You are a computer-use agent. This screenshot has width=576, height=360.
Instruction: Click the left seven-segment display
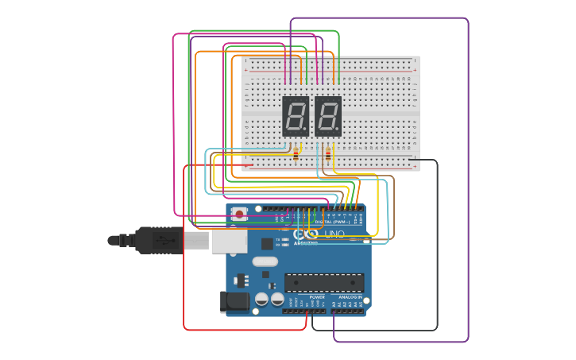[x=295, y=116]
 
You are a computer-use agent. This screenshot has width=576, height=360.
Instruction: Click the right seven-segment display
[x=327, y=116]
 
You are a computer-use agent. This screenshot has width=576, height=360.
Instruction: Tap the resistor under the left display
[x=296, y=154]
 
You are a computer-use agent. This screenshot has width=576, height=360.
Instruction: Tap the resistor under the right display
[x=327, y=154]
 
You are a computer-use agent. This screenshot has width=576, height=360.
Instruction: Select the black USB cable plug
[x=159, y=239]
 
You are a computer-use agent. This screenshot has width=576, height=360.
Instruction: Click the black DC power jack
[x=233, y=301]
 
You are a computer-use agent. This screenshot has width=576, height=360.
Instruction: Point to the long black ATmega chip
[x=324, y=282]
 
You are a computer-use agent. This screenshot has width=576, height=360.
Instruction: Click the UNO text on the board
[x=334, y=234]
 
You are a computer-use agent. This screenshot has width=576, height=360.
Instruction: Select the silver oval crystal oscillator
[x=265, y=261]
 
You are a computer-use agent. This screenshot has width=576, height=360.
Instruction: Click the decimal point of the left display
[x=304, y=129]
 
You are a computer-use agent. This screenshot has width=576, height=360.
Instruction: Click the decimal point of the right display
[x=337, y=129]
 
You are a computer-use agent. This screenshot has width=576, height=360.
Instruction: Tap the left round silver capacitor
[x=261, y=299]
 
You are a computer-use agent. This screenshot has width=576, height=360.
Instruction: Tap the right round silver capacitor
[x=277, y=299]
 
